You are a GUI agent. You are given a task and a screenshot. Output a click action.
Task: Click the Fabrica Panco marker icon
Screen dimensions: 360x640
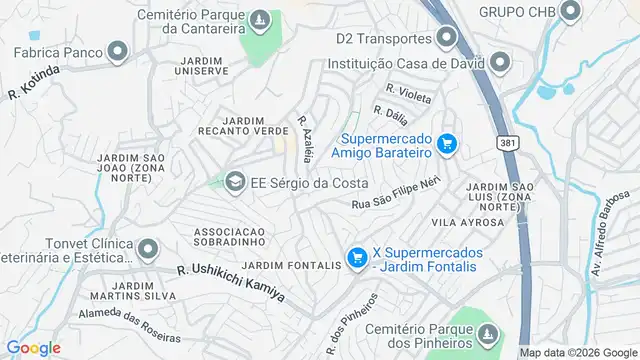118,51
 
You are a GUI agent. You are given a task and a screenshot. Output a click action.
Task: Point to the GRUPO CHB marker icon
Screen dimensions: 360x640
571,12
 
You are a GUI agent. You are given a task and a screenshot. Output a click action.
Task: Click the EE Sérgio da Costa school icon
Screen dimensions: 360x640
236,182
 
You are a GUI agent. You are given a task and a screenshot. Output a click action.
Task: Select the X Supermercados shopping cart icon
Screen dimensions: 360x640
356,258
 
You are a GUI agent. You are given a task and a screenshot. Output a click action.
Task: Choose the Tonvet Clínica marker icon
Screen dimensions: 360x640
148,249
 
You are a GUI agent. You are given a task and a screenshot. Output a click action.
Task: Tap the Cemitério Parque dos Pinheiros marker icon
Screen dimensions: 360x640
487,335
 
